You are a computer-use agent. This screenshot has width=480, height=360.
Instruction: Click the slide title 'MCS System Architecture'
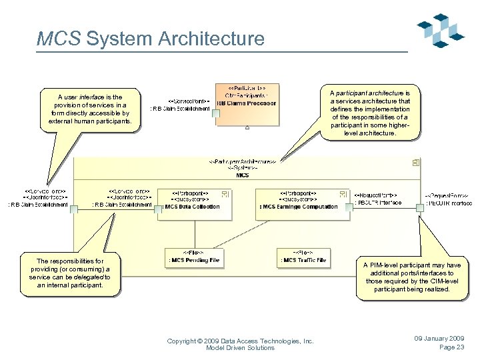click(150, 39)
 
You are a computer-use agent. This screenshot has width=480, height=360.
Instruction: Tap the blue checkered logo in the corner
click(441, 31)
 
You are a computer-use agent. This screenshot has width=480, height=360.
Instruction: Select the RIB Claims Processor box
click(245, 104)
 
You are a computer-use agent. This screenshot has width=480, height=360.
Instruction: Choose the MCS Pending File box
click(193, 257)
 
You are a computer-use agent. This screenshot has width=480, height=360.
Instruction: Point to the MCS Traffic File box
click(304, 257)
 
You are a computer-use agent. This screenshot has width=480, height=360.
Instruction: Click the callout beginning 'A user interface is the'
click(89, 109)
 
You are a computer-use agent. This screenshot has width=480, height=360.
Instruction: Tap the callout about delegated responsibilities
click(71, 273)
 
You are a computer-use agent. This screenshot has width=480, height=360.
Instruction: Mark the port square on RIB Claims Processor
click(215, 113)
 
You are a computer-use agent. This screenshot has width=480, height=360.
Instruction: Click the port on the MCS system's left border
click(74, 209)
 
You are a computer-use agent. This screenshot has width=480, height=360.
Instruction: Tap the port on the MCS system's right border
click(420, 208)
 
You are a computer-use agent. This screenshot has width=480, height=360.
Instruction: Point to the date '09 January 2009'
click(439, 339)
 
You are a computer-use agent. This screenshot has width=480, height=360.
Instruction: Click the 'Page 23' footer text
click(451, 347)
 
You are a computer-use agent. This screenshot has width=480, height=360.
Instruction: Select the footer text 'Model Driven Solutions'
click(240, 348)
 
